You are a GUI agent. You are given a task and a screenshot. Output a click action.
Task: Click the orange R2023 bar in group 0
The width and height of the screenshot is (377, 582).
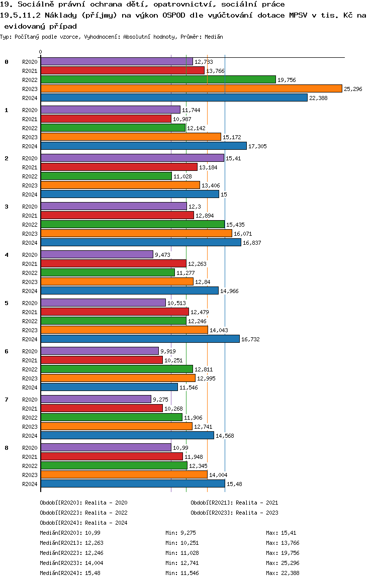click(x=191, y=89)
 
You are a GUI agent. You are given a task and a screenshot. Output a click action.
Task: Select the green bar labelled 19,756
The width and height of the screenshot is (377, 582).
click(x=158, y=79)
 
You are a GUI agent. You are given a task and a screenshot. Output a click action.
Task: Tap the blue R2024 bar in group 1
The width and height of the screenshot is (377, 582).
click(x=143, y=146)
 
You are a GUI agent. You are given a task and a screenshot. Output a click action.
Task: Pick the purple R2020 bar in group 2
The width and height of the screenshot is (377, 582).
click(x=132, y=158)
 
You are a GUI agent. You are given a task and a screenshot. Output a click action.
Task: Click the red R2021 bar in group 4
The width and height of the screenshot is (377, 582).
click(x=114, y=263)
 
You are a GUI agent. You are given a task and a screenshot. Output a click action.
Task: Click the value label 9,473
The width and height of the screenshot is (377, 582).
click(x=163, y=255)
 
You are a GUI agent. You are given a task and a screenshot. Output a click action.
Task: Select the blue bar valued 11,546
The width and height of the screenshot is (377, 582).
click(x=109, y=387)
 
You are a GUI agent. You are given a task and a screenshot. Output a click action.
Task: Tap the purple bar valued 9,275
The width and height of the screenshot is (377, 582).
click(x=96, y=399)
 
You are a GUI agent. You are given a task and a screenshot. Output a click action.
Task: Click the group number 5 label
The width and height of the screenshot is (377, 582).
click(x=7, y=303)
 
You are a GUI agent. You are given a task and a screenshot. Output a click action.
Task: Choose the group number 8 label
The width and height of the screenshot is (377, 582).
click(x=7, y=448)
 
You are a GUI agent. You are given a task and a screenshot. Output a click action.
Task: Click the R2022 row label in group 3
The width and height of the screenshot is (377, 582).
click(x=30, y=225)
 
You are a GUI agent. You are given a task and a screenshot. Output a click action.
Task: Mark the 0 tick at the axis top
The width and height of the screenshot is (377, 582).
click(x=41, y=52)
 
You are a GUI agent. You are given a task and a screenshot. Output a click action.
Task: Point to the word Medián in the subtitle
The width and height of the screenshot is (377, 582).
click(x=213, y=37)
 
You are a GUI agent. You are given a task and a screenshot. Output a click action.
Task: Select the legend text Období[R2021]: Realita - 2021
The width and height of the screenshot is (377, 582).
click(x=234, y=503)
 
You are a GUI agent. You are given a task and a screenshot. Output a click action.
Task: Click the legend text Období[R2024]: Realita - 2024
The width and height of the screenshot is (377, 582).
click(x=83, y=523)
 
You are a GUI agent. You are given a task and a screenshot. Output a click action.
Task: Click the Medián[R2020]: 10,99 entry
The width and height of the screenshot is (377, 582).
click(x=68, y=533)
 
